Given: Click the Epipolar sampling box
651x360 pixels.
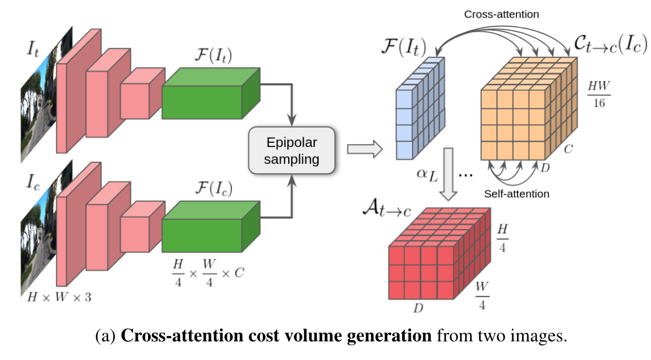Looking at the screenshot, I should point(292,151).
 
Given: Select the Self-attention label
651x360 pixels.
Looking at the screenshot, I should point(516,194).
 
